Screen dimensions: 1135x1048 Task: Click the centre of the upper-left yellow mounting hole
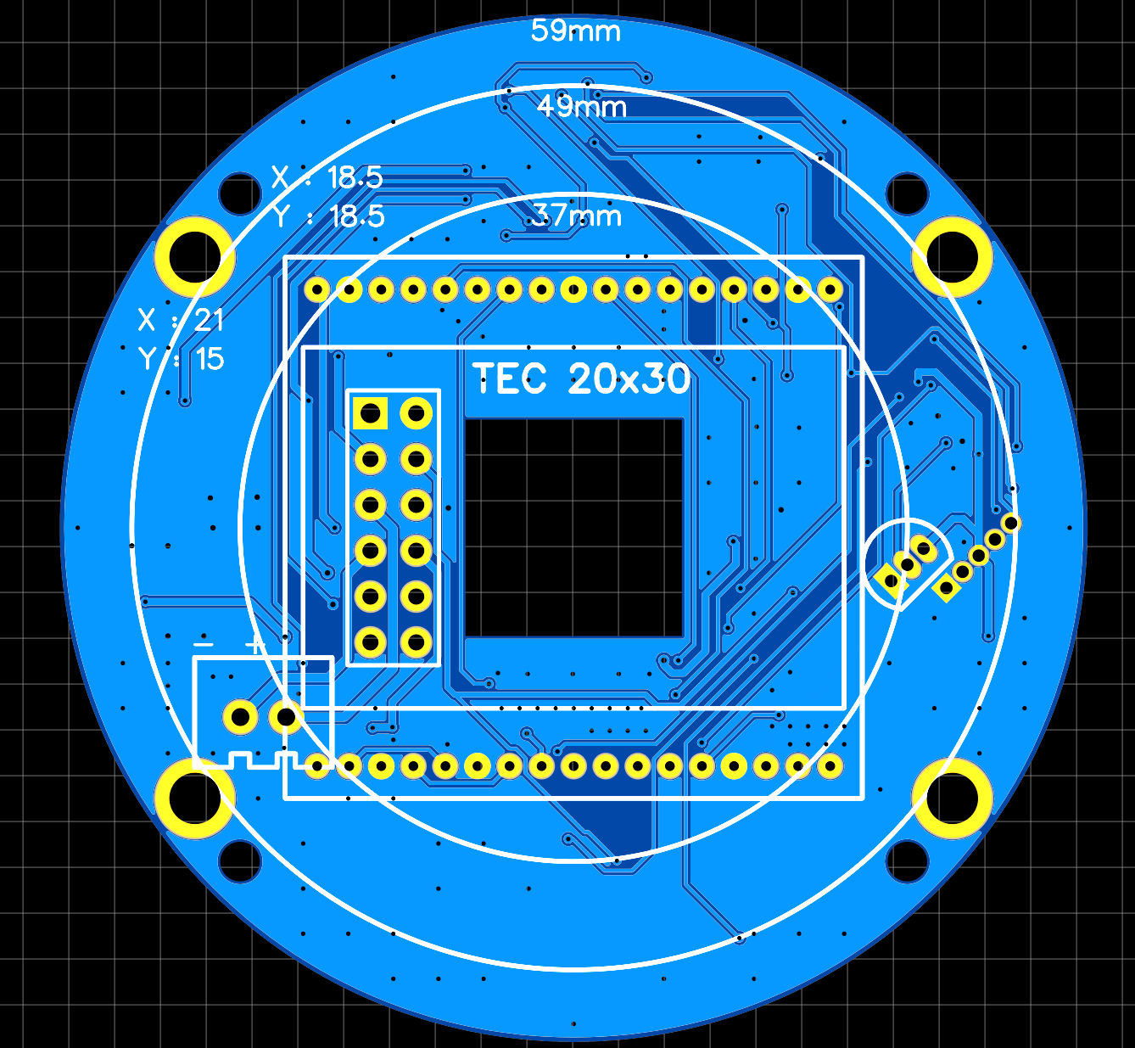point(195,257)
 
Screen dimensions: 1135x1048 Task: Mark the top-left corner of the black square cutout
point(465,419)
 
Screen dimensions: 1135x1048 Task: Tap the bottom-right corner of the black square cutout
point(684,637)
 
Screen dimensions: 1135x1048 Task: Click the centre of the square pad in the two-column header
point(371,412)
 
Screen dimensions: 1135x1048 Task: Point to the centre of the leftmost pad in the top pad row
point(317,289)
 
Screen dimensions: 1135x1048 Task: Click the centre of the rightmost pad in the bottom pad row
point(830,766)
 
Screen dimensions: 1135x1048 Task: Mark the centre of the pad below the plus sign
point(286,716)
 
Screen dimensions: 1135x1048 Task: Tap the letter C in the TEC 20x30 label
point(534,378)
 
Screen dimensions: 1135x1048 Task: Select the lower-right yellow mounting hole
point(952,799)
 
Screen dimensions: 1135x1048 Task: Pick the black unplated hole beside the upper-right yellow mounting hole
point(907,193)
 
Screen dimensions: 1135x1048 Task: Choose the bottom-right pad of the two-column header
point(416,642)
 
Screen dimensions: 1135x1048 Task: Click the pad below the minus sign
point(240,716)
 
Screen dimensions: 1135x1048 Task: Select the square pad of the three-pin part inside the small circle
point(891,581)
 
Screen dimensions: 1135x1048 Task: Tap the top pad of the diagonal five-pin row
point(1010,523)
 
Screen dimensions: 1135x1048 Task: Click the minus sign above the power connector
point(203,646)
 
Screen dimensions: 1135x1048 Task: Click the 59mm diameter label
point(575,31)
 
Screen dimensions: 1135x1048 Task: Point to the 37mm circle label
point(577,216)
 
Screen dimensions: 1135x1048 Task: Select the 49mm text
point(582,107)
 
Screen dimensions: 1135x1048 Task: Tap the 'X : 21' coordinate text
point(181,320)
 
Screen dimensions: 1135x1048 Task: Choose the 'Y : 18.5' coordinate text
point(328,216)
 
